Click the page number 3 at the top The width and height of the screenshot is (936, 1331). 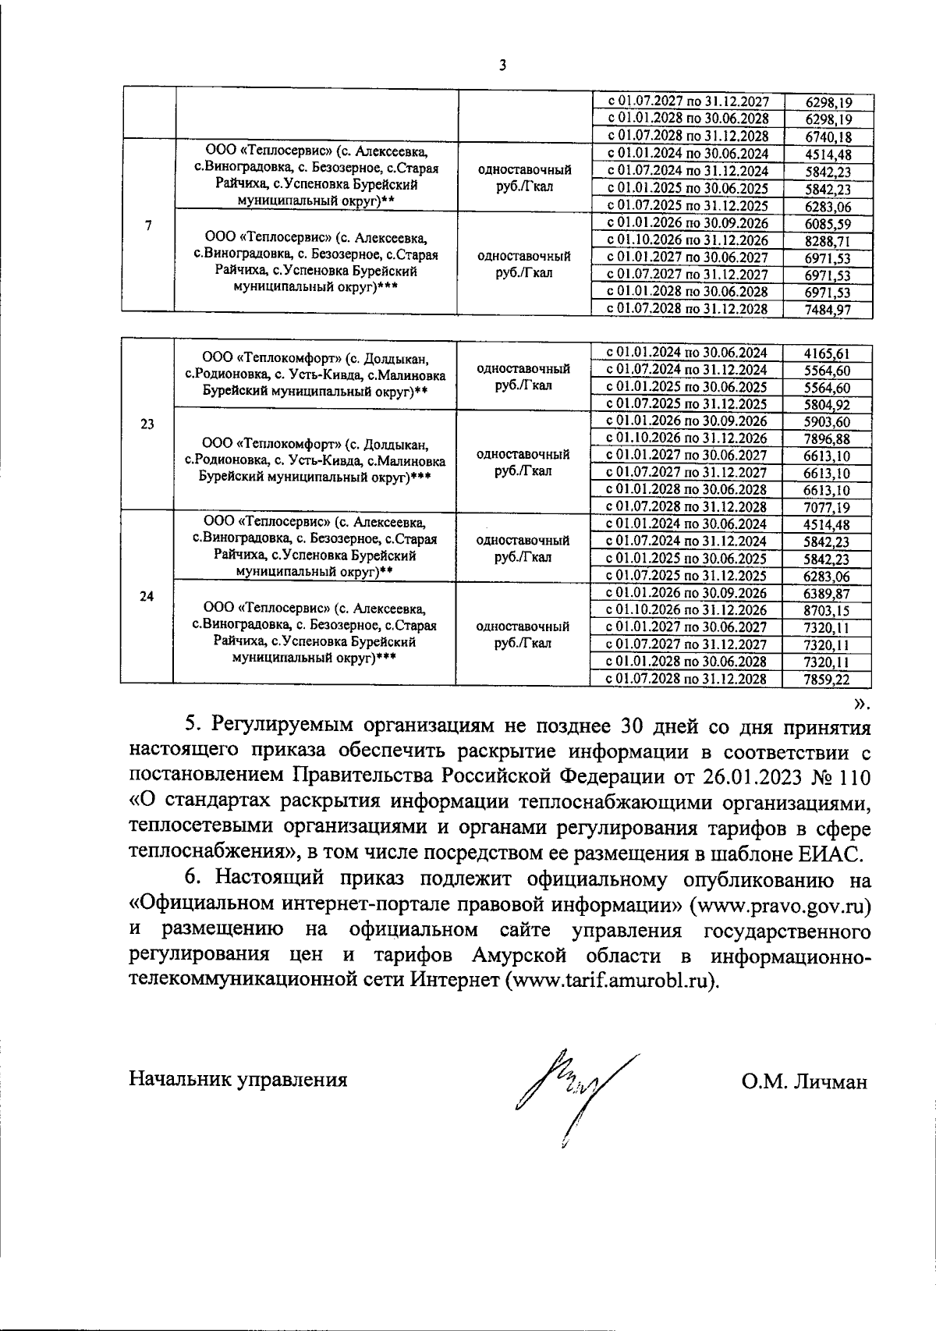point(502,66)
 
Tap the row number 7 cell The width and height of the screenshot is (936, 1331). point(148,225)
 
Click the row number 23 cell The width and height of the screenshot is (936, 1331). point(147,424)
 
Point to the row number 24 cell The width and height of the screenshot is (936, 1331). point(147,596)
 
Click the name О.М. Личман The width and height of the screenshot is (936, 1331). point(804,1081)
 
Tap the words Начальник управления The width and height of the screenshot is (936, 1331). point(238,1080)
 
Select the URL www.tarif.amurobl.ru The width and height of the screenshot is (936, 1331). point(611,980)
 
